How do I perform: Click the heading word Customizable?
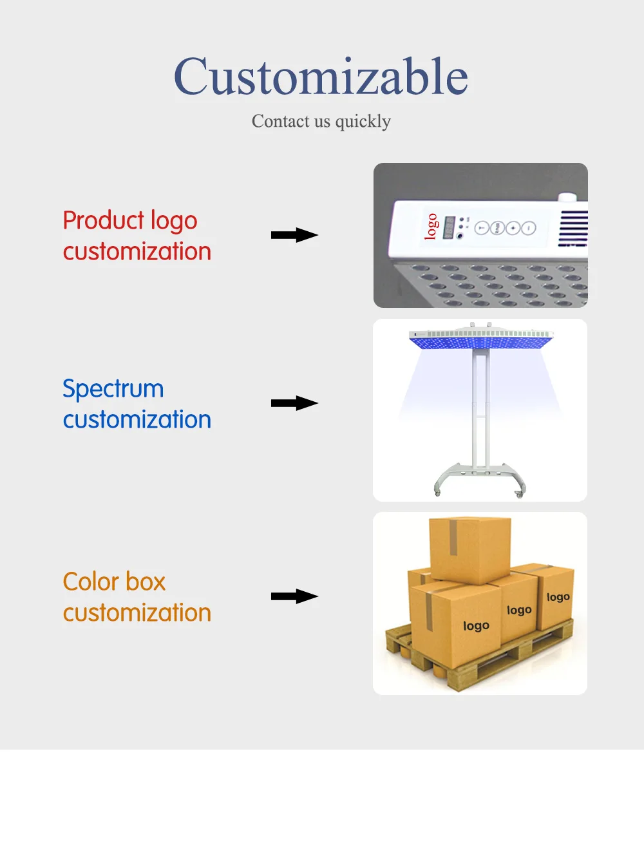pyautogui.click(x=321, y=77)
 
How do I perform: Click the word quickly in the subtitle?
pyautogui.click(x=363, y=121)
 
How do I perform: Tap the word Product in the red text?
pyautogui.click(x=103, y=220)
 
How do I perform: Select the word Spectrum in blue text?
pyautogui.click(x=113, y=389)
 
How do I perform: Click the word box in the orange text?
pyautogui.click(x=146, y=582)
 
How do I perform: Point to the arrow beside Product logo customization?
pyautogui.click(x=294, y=235)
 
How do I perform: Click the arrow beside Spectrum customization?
pyautogui.click(x=294, y=404)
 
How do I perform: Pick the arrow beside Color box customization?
pyautogui.click(x=294, y=597)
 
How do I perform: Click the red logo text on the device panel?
pyautogui.click(x=431, y=226)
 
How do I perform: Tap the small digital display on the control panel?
pyautogui.click(x=449, y=227)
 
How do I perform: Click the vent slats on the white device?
pyautogui.click(x=573, y=228)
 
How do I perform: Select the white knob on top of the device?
pyautogui.click(x=567, y=198)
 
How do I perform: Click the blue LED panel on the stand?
pyautogui.click(x=481, y=340)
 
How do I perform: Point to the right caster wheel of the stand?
pyautogui.click(x=519, y=493)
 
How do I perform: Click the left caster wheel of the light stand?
pyautogui.click(x=438, y=493)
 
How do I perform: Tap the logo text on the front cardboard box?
pyautogui.click(x=476, y=625)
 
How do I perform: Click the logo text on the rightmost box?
pyautogui.click(x=558, y=597)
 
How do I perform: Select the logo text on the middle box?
pyautogui.click(x=519, y=610)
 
